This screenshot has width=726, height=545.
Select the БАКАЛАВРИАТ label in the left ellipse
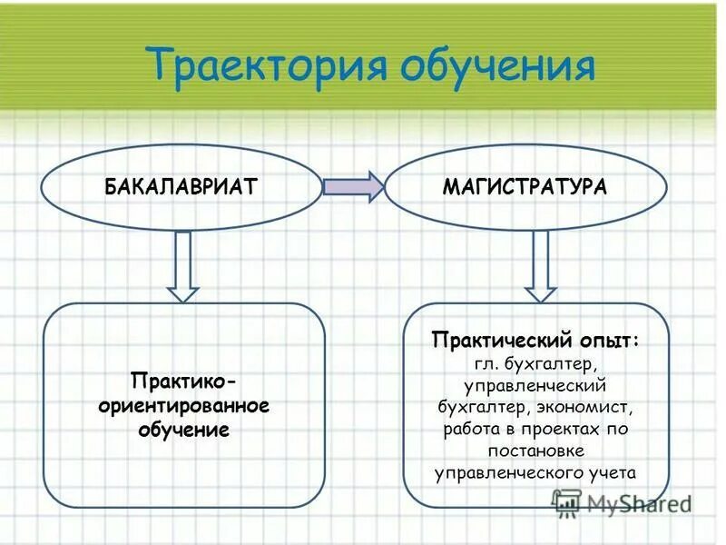tap(182, 187)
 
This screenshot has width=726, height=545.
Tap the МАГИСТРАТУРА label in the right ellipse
tap(525, 187)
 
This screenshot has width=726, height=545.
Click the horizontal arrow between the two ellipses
tap(353, 187)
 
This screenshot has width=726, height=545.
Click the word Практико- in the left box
tap(185, 378)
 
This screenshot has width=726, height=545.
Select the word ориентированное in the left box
tap(184, 402)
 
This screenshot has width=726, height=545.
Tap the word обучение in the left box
tap(183, 427)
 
